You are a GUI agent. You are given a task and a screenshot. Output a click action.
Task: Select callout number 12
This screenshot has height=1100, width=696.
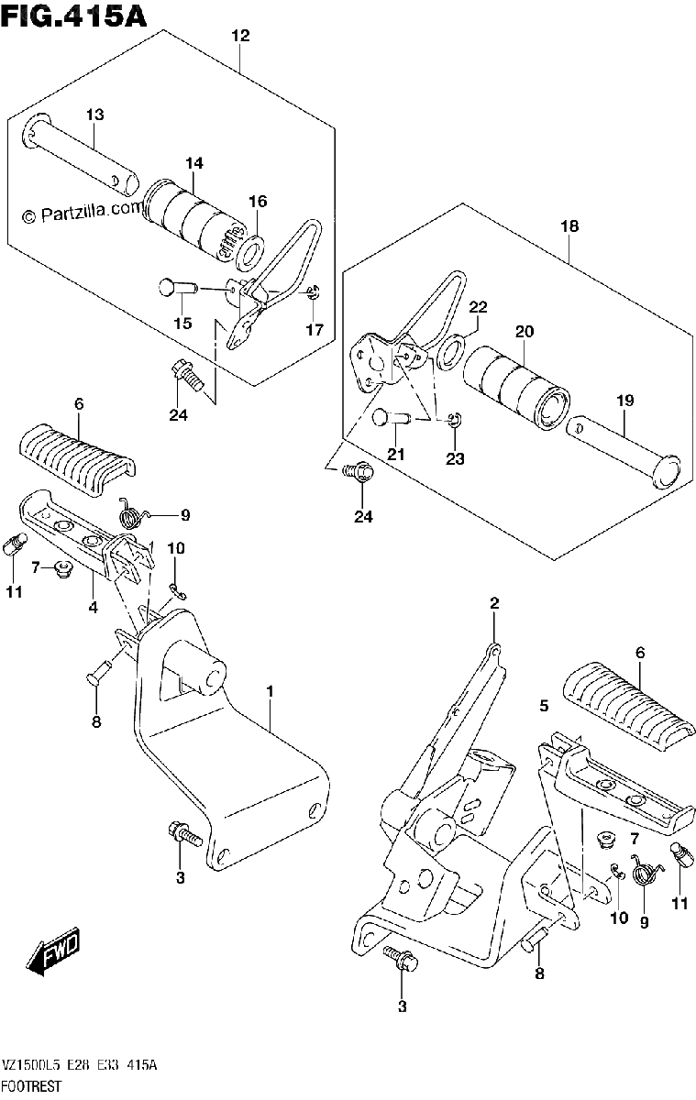[x=240, y=36]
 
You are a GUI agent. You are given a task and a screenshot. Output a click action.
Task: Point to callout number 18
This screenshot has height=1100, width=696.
[x=569, y=226]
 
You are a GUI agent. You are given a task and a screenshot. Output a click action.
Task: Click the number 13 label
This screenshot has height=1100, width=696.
[x=95, y=115]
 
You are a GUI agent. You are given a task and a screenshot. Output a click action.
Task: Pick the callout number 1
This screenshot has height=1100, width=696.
[x=270, y=691]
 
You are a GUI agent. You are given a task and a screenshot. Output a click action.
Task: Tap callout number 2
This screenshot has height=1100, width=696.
[x=494, y=603]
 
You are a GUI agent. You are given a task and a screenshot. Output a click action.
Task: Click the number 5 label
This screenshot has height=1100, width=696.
[x=544, y=706]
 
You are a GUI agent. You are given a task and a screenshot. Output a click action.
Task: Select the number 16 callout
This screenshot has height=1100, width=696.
[x=258, y=202]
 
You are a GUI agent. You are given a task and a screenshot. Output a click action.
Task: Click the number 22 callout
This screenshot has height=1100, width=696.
[x=478, y=307]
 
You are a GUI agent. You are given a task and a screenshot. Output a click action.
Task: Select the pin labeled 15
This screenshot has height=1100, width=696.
[x=178, y=287]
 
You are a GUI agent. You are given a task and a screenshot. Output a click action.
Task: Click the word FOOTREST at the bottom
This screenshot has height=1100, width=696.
[x=32, y=1085]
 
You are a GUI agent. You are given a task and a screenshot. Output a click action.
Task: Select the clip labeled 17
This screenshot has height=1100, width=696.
[x=313, y=293]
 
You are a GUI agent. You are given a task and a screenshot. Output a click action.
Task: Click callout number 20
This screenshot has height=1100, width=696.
[x=525, y=332]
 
